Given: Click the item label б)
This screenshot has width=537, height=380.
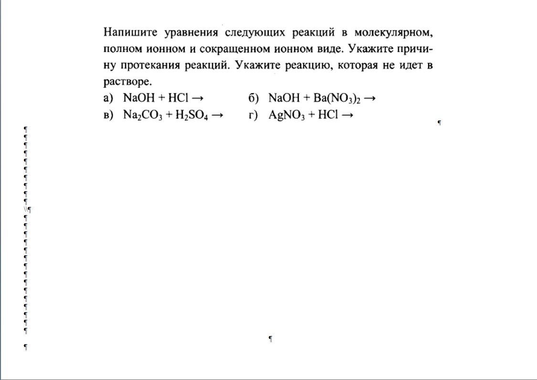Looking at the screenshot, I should pos(253,98).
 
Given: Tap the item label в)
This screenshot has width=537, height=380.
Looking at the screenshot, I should pos(108,115).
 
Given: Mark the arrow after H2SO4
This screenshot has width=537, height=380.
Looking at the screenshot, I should pos(217,115).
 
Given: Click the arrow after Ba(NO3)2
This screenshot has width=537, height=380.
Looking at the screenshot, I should pos(370,98).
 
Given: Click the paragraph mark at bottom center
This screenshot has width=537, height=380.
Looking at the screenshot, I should pos(271,339).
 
